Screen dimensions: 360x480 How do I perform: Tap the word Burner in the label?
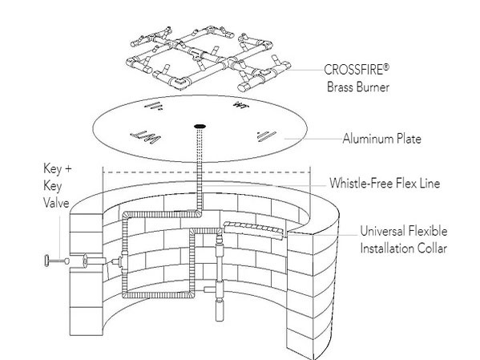365,86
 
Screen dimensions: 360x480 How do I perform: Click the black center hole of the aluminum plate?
199,127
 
